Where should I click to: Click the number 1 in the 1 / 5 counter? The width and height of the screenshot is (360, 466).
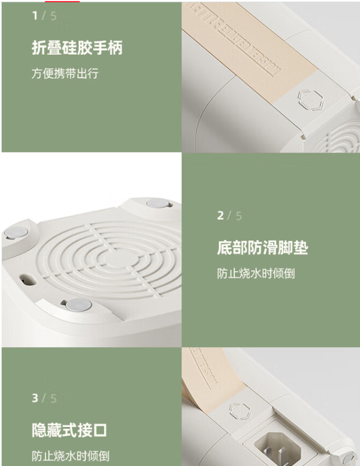(35, 16)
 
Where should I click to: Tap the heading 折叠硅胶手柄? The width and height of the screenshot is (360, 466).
(77, 48)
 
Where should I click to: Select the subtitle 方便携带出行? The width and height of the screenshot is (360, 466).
(65, 73)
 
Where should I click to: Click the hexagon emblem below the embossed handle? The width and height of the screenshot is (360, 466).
(310, 100)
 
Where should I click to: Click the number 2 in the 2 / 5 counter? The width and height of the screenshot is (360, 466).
(220, 216)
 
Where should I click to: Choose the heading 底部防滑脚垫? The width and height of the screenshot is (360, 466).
(263, 248)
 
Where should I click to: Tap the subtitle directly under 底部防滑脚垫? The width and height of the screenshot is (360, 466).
(256, 273)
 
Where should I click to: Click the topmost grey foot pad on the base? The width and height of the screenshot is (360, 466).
(157, 203)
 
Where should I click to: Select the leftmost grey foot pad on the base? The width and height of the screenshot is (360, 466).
(16, 232)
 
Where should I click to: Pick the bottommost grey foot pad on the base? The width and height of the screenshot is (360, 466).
(79, 305)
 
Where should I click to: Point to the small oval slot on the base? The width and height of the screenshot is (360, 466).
(28, 280)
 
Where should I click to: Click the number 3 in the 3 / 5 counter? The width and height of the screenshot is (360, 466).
(35, 398)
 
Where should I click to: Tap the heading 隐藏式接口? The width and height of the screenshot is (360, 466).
(69, 430)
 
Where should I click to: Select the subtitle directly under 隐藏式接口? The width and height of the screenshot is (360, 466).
(70, 456)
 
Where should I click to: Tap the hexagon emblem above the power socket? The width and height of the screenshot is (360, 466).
(239, 411)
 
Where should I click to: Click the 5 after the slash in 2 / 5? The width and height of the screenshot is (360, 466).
(239, 216)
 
